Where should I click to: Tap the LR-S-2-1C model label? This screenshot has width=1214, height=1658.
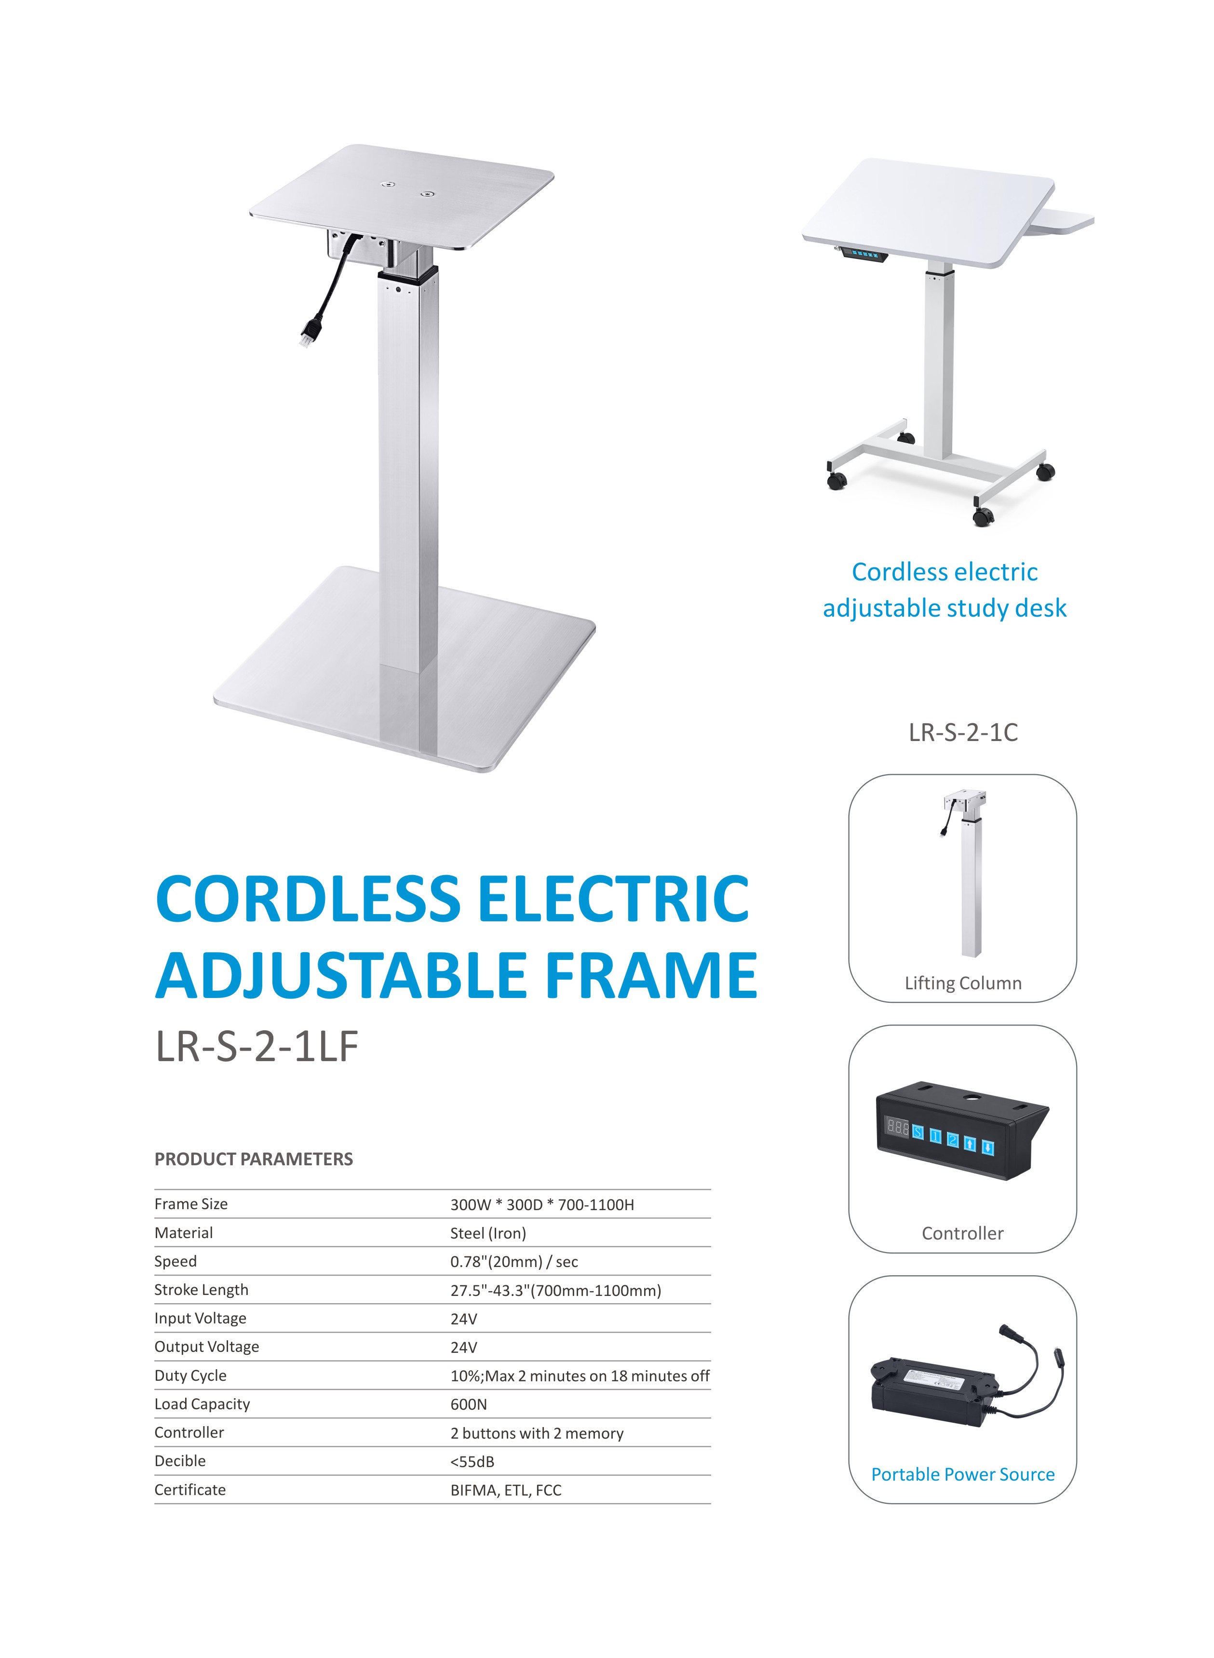(963, 733)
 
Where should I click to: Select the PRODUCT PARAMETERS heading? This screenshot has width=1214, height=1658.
(254, 1159)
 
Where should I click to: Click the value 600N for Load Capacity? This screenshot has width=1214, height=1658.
(469, 1404)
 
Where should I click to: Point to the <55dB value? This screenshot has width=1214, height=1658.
(472, 1462)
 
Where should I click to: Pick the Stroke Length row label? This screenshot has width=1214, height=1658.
(202, 1290)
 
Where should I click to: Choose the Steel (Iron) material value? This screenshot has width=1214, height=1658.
(488, 1233)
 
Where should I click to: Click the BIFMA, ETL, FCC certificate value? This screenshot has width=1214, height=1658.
(506, 1490)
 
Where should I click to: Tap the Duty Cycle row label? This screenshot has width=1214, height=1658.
(190, 1376)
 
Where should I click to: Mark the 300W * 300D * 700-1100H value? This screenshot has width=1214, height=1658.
(542, 1204)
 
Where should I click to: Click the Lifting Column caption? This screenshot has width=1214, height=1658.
(963, 984)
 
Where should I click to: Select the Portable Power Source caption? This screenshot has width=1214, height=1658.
(963, 1474)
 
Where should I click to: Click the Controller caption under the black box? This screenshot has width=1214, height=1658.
(963, 1233)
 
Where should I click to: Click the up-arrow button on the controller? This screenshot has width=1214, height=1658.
(970, 1144)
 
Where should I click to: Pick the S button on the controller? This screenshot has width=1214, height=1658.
(918, 1132)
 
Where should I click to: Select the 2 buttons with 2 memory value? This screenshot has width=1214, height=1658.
(537, 1433)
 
